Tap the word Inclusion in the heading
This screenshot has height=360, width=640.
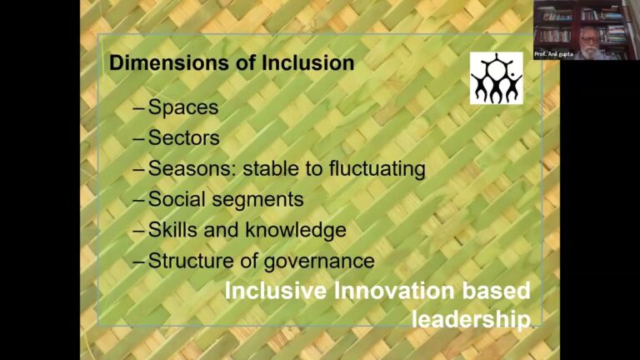pyautogui.click(x=307, y=62)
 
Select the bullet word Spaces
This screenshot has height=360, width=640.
pyautogui.click(x=183, y=107)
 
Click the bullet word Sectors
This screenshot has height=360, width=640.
pyautogui.click(x=183, y=137)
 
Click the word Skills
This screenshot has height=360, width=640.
pyautogui.click(x=173, y=230)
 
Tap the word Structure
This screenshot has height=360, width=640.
pyautogui.click(x=191, y=261)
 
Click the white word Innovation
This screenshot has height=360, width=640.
pyautogui.click(x=395, y=291)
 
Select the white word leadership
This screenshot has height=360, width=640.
pyautogui.click(x=471, y=319)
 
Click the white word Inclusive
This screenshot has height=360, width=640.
pyautogui.click(x=276, y=291)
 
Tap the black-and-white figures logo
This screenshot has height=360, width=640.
pyautogui.click(x=497, y=78)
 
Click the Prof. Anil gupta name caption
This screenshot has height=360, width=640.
pyautogui.click(x=554, y=54)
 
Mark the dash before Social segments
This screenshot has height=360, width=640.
pyautogui.click(x=139, y=200)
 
